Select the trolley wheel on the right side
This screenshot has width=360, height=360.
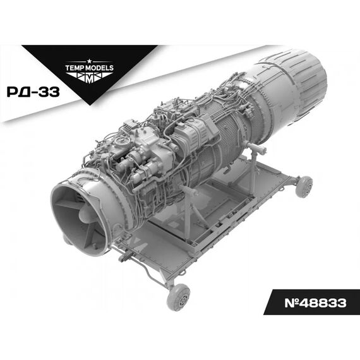point(304,186)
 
